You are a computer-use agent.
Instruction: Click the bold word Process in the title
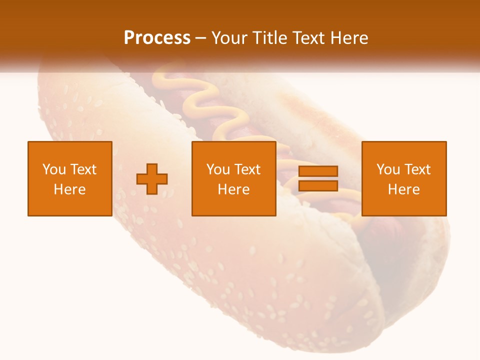(157, 38)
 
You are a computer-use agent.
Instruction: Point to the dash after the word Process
(201, 38)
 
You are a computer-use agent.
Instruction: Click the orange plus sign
(152, 179)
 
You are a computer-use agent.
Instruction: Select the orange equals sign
(318, 178)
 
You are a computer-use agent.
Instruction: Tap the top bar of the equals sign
(318, 171)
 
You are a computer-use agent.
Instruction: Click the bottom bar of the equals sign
(318, 186)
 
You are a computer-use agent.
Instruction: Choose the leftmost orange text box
(69, 178)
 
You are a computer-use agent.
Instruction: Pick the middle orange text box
(233, 178)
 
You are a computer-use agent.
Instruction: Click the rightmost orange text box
(403, 178)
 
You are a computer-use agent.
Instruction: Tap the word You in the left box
(54, 169)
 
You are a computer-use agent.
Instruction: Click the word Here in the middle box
(233, 189)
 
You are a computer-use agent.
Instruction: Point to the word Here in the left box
(69, 189)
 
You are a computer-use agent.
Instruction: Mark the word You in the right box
(388, 169)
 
